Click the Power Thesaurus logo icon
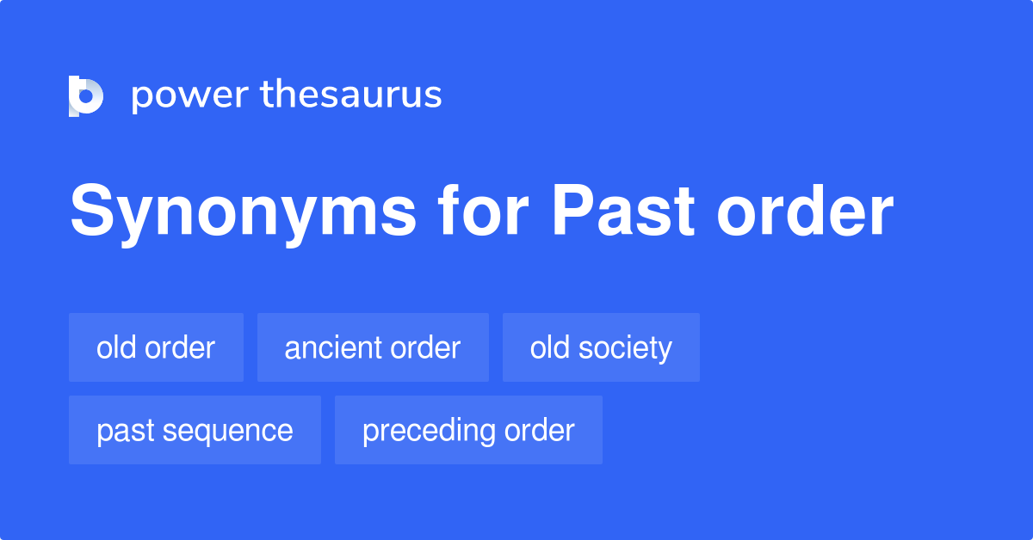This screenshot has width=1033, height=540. (x=86, y=95)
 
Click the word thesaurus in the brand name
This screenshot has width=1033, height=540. (x=351, y=95)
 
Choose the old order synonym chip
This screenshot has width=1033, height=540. (x=156, y=347)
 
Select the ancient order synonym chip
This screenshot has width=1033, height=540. (x=373, y=347)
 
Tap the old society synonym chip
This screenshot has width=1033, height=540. (x=601, y=347)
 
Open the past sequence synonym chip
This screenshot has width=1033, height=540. (x=195, y=430)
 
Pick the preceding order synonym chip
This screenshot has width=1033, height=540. (x=468, y=430)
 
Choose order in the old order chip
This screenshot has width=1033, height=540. (x=178, y=347)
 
